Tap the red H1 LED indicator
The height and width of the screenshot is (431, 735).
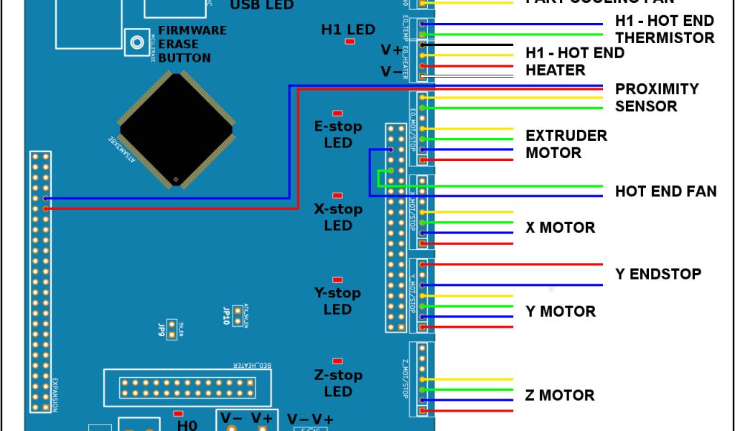[350, 42]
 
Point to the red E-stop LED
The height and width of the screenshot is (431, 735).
[337, 113]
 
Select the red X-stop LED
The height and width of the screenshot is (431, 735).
[337, 195]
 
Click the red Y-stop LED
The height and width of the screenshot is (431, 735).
[337, 279]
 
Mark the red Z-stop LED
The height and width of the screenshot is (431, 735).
[337, 361]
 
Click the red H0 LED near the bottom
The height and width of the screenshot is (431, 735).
[178, 413]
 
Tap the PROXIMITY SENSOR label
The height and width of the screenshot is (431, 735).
[656, 98]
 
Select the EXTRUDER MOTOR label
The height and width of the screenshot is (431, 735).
[566, 144]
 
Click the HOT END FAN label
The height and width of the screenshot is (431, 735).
[665, 192]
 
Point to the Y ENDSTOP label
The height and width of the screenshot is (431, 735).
[657, 274]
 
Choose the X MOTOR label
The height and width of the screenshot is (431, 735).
[560, 228]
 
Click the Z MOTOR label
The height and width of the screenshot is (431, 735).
[560, 395]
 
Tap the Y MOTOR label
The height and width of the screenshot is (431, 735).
[560, 311]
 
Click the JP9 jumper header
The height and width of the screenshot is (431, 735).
[172, 329]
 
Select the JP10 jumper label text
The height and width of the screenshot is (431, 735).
[225, 316]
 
